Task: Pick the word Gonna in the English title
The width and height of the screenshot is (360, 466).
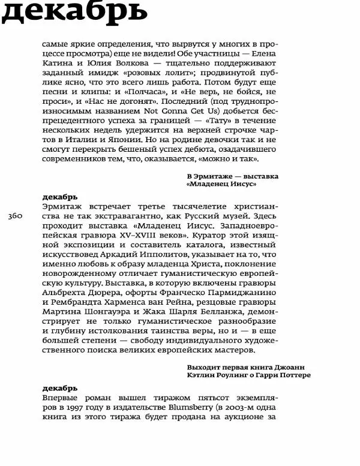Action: click(181, 111)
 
